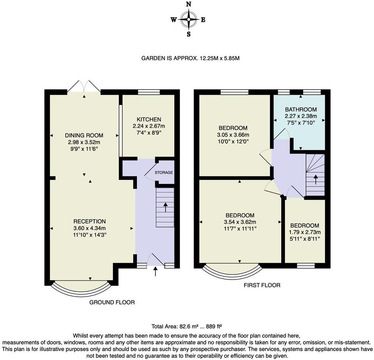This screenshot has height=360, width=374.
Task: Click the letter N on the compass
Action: pyautogui.click(x=188, y=4)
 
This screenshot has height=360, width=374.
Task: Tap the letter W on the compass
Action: pyautogui.click(x=174, y=20)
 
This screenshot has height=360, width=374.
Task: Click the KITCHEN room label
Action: pyautogui.click(x=149, y=119)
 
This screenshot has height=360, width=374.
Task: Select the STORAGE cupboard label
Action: pyautogui.click(x=164, y=172)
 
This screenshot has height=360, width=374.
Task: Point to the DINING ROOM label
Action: pyautogui.click(x=84, y=135)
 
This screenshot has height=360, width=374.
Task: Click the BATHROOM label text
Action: pyautogui.click(x=301, y=109)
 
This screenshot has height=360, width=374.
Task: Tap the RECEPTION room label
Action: pyautogui.click(x=89, y=221)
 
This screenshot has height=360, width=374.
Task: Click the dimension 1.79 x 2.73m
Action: pyautogui.click(x=305, y=232)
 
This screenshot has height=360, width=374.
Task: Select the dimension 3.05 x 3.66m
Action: pyautogui.click(x=233, y=135)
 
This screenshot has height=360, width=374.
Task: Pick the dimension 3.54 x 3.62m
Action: pyautogui.click(x=240, y=222)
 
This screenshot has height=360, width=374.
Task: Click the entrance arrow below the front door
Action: pyautogui.click(x=155, y=271)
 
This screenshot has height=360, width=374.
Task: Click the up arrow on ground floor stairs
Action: pyautogui.click(x=165, y=207)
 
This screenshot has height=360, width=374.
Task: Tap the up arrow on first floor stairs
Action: pyautogui.click(x=315, y=180)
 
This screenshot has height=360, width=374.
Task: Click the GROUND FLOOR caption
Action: pyautogui.click(x=112, y=302)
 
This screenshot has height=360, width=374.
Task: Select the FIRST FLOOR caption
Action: pyautogui.click(x=262, y=285)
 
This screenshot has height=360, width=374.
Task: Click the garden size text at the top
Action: pyautogui.click(x=190, y=58)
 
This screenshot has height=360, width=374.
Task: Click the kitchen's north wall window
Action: pyautogui.click(x=149, y=92)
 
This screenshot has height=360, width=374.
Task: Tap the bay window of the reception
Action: pyautogui.click(x=81, y=289)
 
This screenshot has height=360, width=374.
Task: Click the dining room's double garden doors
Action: pyautogui.click(x=84, y=86)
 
